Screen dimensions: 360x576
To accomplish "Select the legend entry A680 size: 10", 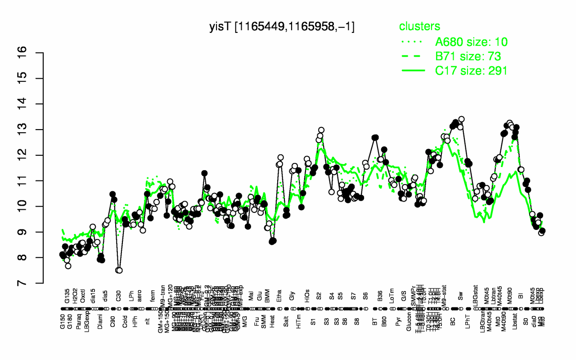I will (x=471, y=42).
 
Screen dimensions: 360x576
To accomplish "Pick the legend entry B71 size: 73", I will (x=468, y=56).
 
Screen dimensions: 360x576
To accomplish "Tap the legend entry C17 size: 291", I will (x=471, y=70).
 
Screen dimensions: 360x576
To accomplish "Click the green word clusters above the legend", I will (x=419, y=27).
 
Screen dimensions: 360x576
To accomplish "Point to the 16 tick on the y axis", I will (x=35, y=53).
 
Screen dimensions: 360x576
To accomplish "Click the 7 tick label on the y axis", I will (x=35, y=283).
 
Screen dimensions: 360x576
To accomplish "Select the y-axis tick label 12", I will (x=35, y=155).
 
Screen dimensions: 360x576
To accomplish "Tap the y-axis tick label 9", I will (x=35, y=232).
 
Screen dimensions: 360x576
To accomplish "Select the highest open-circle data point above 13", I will (x=461, y=119).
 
